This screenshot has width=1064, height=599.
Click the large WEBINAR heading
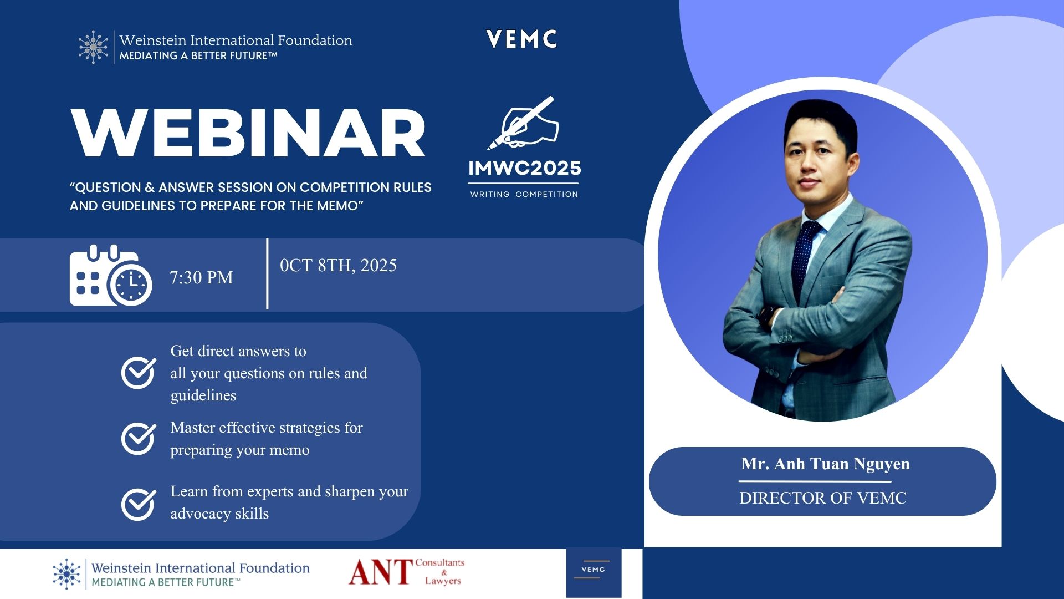click(248, 133)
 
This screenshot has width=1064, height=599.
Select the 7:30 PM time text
click(201, 277)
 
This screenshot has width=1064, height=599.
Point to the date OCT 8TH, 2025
click(338, 266)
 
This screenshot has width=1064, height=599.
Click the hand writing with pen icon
click(523, 123)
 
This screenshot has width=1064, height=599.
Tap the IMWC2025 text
click(524, 168)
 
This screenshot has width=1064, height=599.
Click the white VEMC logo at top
click(521, 39)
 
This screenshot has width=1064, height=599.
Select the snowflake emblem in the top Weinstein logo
click(93, 47)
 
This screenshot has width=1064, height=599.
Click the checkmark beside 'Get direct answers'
click(139, 373)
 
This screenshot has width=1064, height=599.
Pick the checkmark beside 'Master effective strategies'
click(139, 439)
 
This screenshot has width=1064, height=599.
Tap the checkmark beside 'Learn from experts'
click(139, 504)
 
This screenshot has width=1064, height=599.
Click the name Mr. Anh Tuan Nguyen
click(825, 464)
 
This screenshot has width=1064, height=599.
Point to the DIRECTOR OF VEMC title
click(822, 498)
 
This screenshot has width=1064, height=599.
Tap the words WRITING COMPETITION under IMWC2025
click(524, 194)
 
